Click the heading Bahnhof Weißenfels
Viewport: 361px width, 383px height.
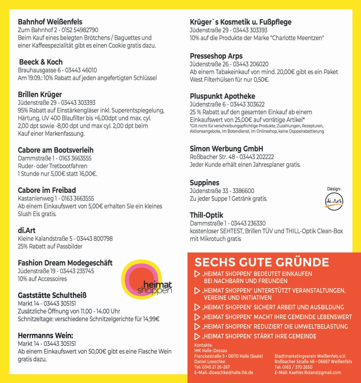tap(50, 22)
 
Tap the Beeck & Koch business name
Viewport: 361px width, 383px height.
tap(41, 62)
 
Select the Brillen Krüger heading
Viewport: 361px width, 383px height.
tap(40, 94)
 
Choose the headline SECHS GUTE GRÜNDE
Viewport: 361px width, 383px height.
tap(262, 262)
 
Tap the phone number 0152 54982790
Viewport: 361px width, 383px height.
tap(80, 30)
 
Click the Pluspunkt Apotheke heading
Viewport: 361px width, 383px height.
tap(222, 96)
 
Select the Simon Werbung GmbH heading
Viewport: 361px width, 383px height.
tap(226, 149)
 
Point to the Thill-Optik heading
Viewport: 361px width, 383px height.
tap(206, 215)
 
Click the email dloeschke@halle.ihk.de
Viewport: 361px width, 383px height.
tap(223, 372)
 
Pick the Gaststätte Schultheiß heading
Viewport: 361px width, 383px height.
tap(52, 295)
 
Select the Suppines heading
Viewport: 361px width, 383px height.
tap(205, 183)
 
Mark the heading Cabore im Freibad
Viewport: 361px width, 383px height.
tap(47, 190)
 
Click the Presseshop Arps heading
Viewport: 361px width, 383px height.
tap(216, 56)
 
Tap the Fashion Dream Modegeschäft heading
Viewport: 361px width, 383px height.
tap(65, 263)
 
